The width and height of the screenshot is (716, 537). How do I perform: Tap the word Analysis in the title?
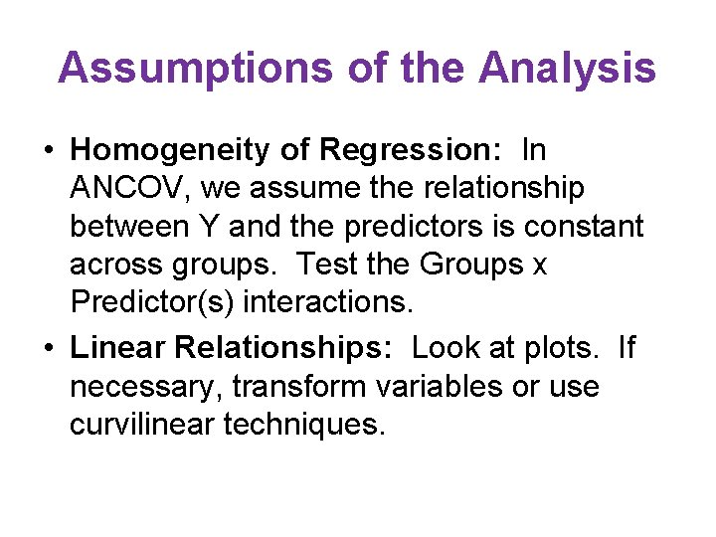(x=567, y=69)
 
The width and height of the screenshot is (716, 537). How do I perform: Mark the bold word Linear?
(x=118, y=348)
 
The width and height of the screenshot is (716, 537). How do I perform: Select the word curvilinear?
(x=142, y=425)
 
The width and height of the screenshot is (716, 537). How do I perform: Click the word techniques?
(x=303, y=425)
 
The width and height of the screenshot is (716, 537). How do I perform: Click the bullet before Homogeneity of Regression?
(x=48, y=151)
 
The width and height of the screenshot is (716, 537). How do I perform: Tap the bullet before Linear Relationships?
(x=48, y=349)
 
